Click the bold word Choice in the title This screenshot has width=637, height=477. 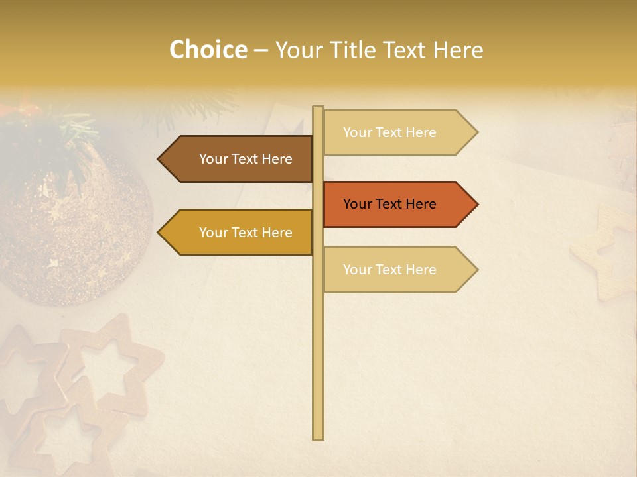pos(208,50)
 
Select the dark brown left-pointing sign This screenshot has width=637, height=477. pos(239,159)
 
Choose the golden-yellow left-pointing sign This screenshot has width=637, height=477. pos(239,233)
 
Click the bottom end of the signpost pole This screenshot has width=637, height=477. pos(318,437)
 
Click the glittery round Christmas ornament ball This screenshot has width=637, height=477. pos(73,232)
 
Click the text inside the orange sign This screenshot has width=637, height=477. pos(389,204)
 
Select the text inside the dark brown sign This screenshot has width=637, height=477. pos(246,159)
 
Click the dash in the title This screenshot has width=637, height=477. pos(261,50)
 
